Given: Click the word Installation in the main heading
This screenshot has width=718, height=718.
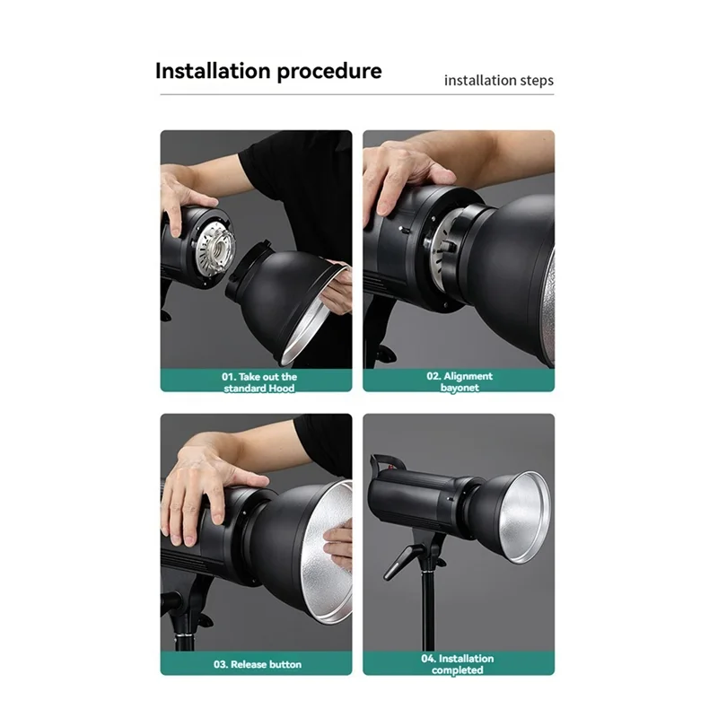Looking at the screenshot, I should [x=213, y=71].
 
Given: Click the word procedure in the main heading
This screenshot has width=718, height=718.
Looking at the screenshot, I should [x=328, y=72].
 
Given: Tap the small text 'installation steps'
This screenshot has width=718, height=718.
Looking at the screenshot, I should [x=498, y=81].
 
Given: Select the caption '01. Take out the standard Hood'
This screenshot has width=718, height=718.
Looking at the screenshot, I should [x=259, y=382].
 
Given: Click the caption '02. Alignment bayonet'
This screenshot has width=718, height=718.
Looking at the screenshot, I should [x=459, y=381].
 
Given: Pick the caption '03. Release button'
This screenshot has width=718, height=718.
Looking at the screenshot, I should [x=257, y=664].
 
